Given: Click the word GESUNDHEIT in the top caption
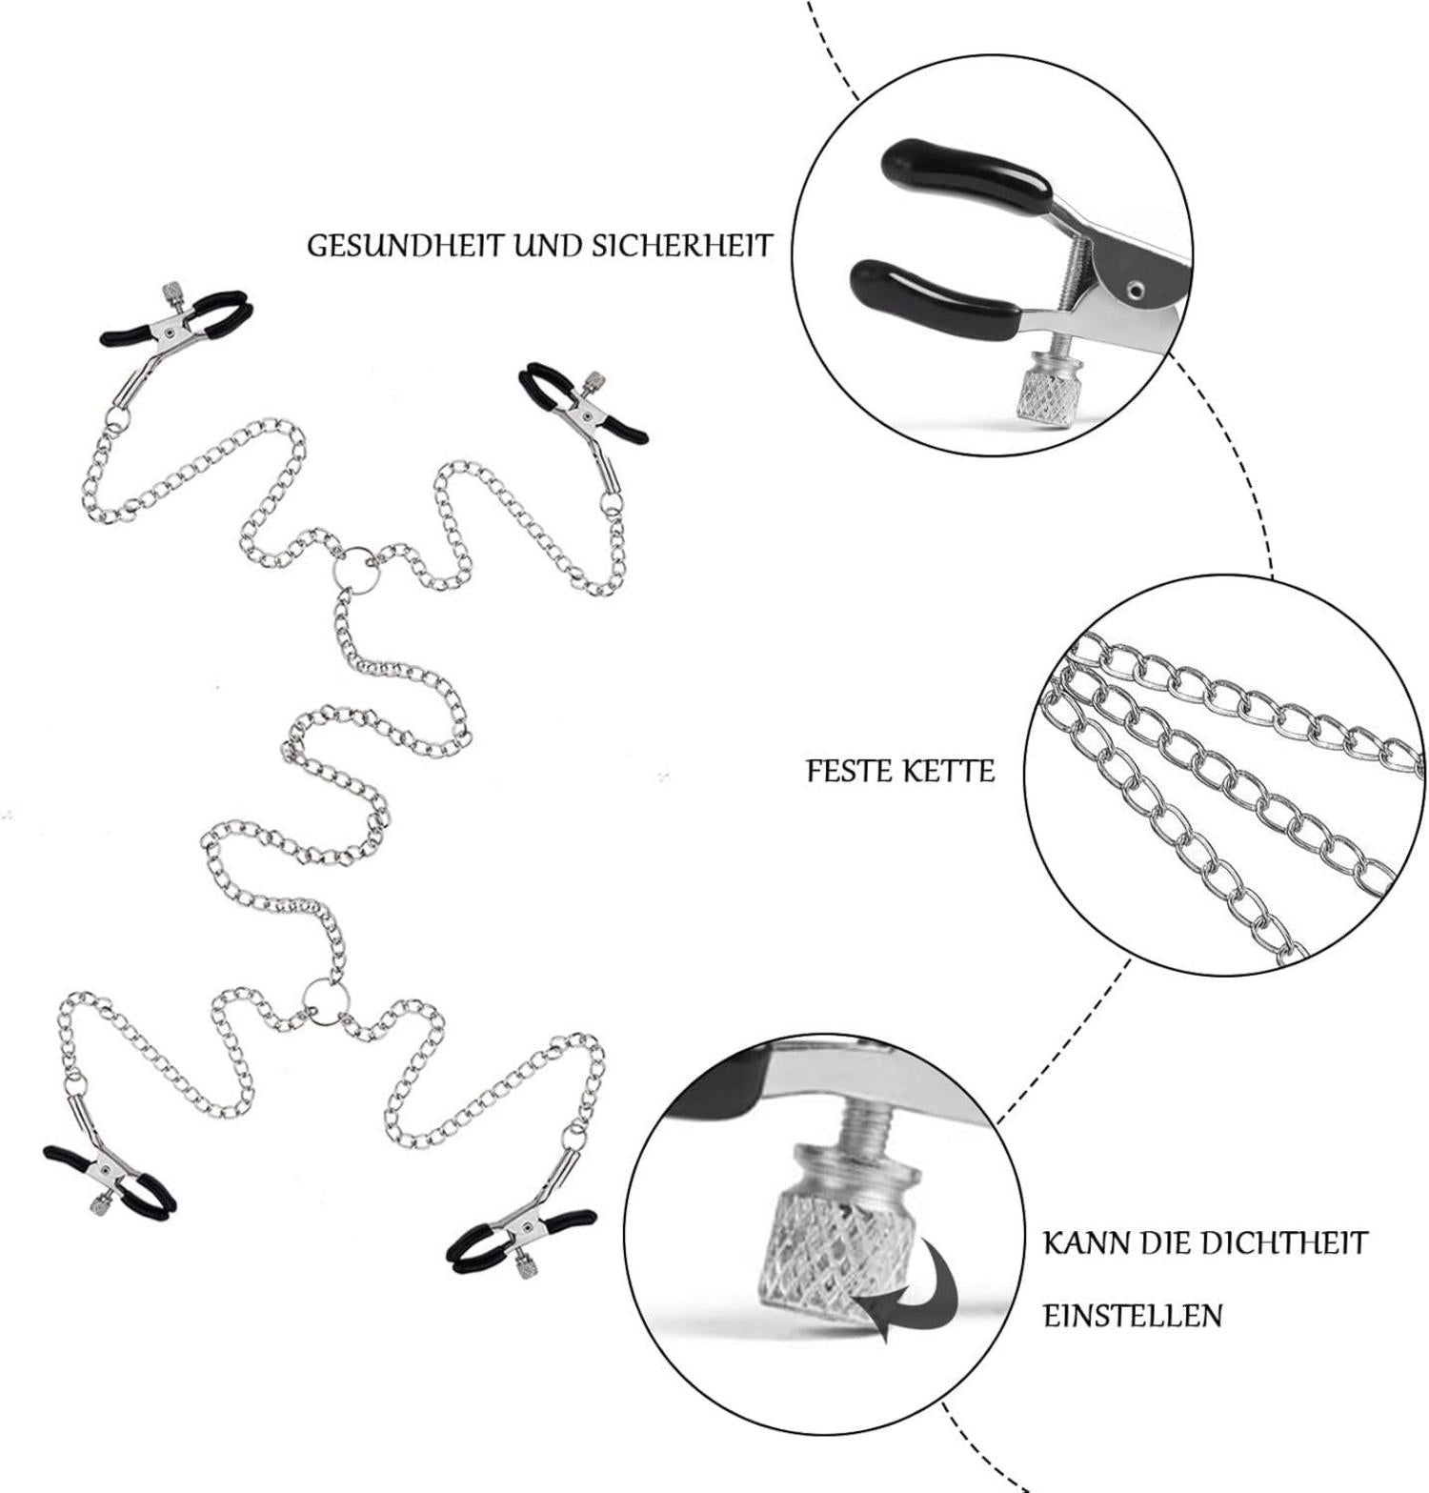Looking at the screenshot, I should tap(405, 246).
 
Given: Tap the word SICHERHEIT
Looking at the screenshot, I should tap(681, 246).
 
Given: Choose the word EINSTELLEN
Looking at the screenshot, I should tap(1133, 1316).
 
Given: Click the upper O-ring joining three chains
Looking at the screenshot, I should tap(356, 569).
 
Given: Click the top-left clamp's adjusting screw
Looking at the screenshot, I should tap(172, 290).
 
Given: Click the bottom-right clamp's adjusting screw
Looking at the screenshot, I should tap(522, 1267).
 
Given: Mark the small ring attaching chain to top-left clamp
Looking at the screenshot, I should tap(115, 420).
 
